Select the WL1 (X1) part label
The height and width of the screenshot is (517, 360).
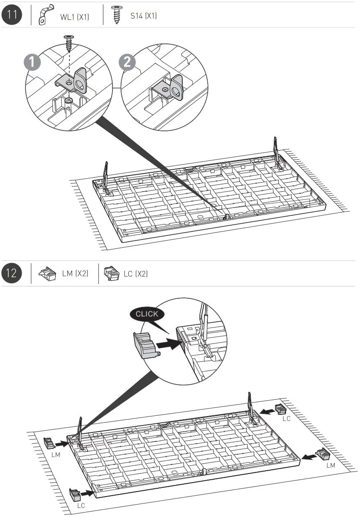tap(74, 17)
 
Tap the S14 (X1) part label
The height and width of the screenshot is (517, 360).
tap(143, 16)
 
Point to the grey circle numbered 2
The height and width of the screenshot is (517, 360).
tap(127, 63)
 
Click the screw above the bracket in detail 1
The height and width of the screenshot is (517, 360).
tap(68, 41)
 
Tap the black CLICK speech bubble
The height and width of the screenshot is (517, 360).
tap(147, 314)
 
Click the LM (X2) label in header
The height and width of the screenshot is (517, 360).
tap(75, 274)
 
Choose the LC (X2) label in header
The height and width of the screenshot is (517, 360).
tap(135, 274)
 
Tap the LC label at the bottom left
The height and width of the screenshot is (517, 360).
tap(81, 506)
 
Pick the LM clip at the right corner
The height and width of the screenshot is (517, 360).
tap(323, 454)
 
